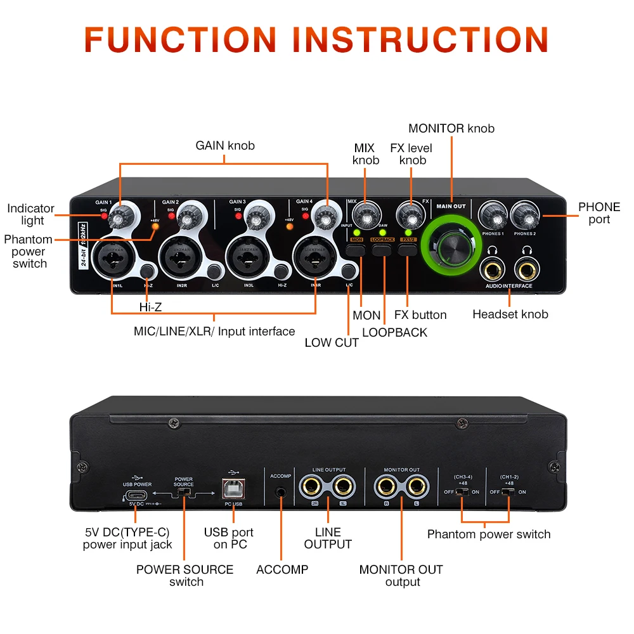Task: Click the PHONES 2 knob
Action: pos(524,217)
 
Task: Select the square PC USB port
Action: pos(233,489)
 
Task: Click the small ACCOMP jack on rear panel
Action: pos(280,491)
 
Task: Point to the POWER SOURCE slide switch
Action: pos(184,492)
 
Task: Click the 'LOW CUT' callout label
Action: pos(332,343)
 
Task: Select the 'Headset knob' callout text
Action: pos(510,314)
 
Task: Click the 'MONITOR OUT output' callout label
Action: pos(401,575)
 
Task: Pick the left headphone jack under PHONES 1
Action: pos(493,270)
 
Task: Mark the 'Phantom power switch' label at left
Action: pos(29,251)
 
